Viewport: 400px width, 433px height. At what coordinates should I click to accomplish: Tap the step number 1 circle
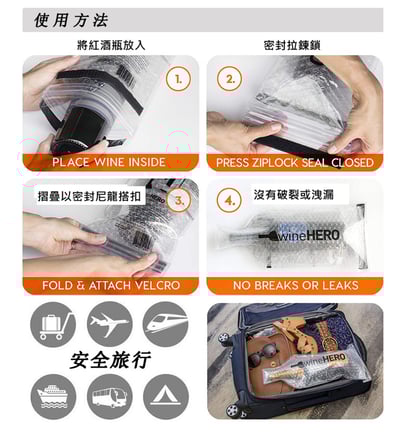(178, 77)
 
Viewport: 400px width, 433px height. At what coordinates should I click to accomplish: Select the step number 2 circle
(231, 79)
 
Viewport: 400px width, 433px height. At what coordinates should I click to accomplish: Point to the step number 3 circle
(181, 201)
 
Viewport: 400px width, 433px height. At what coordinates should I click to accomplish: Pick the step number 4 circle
(231, 201)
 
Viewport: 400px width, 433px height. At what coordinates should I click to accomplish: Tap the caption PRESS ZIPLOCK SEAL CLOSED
(295, 162)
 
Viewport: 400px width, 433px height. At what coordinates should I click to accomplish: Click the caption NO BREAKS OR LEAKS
(295, 285)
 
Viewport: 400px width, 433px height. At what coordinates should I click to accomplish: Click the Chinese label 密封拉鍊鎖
(293, 45)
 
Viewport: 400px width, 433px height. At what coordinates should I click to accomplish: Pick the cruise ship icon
(54, 396)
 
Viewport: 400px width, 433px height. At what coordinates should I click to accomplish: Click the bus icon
(110, 396)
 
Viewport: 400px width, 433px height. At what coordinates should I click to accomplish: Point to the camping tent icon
(165, 396)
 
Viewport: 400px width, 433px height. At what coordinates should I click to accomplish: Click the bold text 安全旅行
(110, 360)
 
